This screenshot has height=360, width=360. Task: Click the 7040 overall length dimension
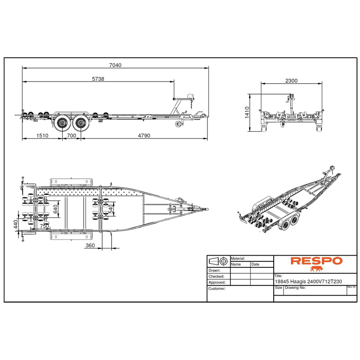click(x=115, y=65)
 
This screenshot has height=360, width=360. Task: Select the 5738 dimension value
click(x=98, y=79)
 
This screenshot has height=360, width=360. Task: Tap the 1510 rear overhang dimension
click(x=42, y=136)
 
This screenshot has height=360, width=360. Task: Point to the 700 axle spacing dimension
click(x=72, y=136)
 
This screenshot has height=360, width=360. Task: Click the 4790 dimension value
click(x=144, y=136)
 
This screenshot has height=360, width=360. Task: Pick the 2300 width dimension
click(x=291, y=81)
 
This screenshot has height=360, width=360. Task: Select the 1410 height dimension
click(x=247, y=112)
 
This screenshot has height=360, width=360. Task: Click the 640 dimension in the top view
click(x=55, y=209)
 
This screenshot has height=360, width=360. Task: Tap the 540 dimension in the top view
click(x=111, y=209)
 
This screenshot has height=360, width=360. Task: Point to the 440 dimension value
click(x=16, y=224)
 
